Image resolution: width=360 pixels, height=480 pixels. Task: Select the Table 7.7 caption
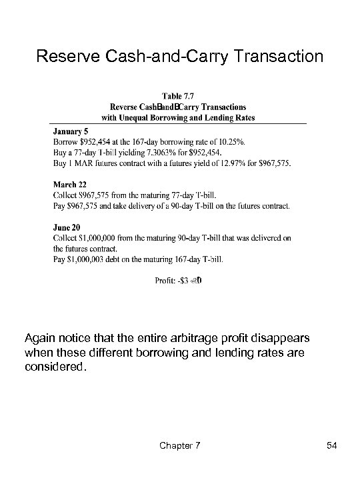178,95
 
